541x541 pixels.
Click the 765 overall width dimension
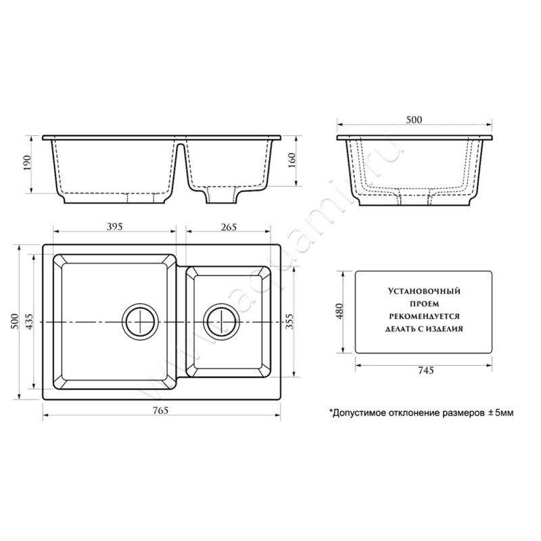tap(161, 410)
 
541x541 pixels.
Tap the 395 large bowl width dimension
tap(114, 227)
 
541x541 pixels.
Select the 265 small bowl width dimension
tap(229, 227)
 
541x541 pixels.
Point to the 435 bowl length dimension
tap(29, 321)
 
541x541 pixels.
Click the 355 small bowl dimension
tap(289, 321)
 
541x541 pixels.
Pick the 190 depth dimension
tap(27, 162)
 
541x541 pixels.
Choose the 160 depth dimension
tap(291, 160)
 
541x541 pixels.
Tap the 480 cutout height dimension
tap(339, 311)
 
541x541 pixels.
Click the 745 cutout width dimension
tap(426, 371)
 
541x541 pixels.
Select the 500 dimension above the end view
tap(414, 120)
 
